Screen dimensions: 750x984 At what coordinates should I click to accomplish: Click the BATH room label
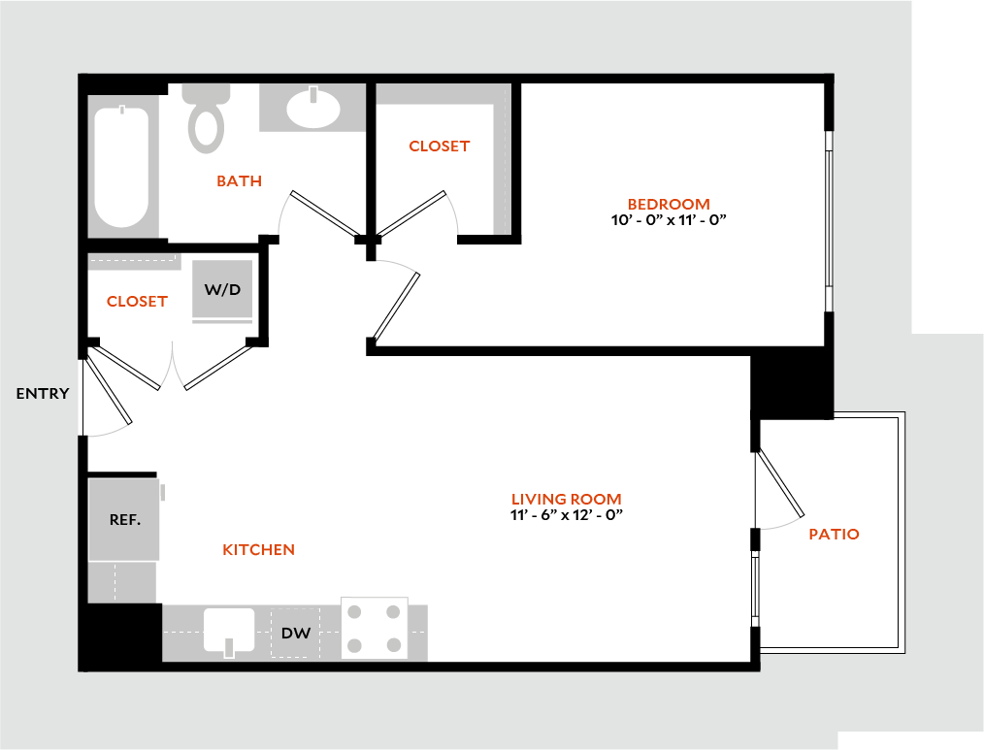click(x=239, y=181)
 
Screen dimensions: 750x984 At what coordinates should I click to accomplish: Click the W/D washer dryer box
click(x=222, y=289)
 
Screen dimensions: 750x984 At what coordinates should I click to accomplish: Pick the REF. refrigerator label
click(x=124, y=519)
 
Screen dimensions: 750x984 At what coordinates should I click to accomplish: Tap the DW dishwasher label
click(x=296, y=634)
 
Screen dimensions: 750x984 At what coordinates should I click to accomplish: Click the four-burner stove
click(x=375, y=628)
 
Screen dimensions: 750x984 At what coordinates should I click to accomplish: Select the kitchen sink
click(x=229, y=630)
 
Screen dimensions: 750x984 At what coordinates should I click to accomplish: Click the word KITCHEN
click(x=259, y=550)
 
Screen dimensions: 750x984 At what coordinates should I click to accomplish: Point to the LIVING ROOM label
click(x=567, y=499)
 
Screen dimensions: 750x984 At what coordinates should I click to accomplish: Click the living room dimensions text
click(x=567, y=515)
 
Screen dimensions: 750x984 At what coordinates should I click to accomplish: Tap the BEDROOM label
click(x=669, y=204)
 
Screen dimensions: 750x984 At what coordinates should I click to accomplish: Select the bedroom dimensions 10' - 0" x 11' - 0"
click(x=669, y=220)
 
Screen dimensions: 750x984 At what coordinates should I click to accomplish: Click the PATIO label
click(x=834, y=534)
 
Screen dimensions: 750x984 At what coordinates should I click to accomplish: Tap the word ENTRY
click(x=43, y=393)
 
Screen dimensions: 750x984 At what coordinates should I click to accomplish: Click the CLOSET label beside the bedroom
click(x=439, y=146)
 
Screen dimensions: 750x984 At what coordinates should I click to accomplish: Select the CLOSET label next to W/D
click(x=137, y=301)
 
